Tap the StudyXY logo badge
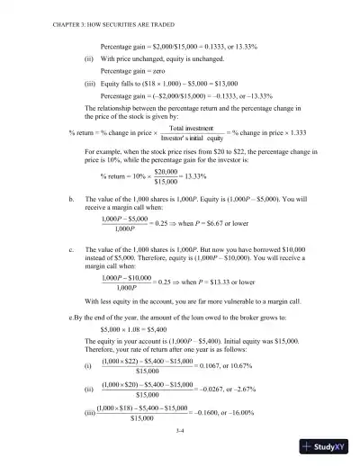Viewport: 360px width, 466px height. pyautogui.click(x=326, y=447)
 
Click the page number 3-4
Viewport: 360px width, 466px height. pyautogui.click(x=181, y=431)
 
